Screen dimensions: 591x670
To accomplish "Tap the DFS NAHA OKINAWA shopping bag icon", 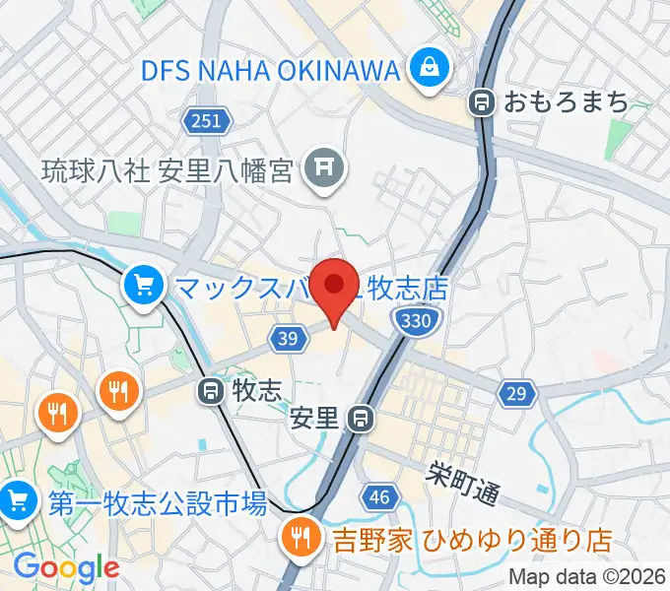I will point(430,69).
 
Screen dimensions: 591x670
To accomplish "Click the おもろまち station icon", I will point(482,100).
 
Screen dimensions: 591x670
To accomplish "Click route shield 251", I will point(207,121).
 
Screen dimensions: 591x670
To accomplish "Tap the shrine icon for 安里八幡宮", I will point(322,170).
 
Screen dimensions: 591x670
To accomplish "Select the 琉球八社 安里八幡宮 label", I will point(167,171).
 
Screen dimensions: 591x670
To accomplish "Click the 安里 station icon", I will point(362,419).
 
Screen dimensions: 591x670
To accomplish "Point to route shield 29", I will point(517,394).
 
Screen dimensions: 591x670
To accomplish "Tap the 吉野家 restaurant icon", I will point(296,538).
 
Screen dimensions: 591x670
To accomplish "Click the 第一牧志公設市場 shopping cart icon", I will point(17,503).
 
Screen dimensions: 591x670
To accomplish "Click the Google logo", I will point(66,567).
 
